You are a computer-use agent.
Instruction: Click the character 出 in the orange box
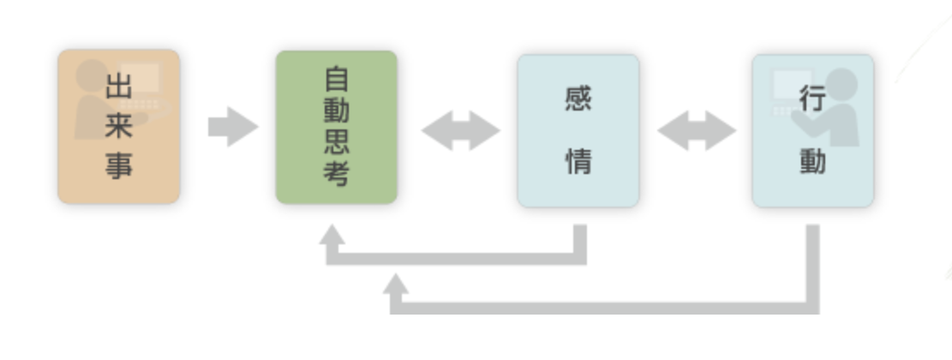(x=118, y=87)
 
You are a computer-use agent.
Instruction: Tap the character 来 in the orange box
(x=118, y=126)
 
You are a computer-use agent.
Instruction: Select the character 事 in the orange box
(x=118, y=165)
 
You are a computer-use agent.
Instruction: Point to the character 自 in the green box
(x=337, y=79)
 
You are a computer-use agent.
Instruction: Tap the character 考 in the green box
(x=337, y=174)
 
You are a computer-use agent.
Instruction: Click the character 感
(x=578, y=99)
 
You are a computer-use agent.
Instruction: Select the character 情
(x=578, y=161)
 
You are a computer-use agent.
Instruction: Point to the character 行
(x=812, y=99)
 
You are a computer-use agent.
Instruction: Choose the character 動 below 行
(x=812, y=161)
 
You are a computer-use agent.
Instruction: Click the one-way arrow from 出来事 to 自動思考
(x=233, y=127)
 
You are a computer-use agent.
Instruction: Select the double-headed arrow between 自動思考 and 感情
(x=460, y=130)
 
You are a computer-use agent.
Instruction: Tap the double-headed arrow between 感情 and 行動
(x=697, y=130)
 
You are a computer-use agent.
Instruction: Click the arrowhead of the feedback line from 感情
(x=332, y=235)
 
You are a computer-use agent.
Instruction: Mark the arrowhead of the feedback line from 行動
(x=396, y=284)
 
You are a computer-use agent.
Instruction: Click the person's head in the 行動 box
(x=841, y=84)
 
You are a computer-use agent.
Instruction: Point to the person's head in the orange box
(x=92, y=76)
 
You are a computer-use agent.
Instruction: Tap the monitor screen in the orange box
(x=141, y=77)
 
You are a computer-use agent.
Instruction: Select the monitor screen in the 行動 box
(x=792, y=84)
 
